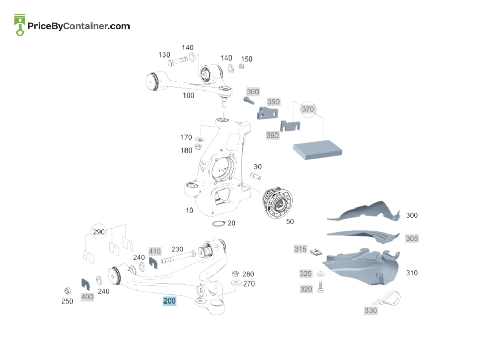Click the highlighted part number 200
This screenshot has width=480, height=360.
coord(169,301)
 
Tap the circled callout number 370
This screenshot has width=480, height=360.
coord(308,109)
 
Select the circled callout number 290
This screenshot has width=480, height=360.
coord(99,232)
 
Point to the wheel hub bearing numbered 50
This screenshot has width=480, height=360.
coord(278,203)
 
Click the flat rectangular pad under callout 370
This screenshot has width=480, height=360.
coord(318,150)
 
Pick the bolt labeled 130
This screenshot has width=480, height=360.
coord(177,61)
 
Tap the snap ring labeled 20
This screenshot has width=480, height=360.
coord(218,223)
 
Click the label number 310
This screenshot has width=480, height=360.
coord(412,273)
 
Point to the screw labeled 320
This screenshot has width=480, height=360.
coord(321,287)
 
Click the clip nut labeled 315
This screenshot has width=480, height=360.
coord(316,252)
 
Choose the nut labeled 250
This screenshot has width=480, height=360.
coord(68,291)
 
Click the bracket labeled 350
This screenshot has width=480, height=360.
coord(267,113)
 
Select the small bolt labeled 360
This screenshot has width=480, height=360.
coord(249,100)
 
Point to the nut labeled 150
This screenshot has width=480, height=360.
coord(242,66)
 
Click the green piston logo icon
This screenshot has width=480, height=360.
coord(20,25)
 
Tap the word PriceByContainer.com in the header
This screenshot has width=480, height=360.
coord(79,26)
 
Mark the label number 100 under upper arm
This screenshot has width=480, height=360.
coord(189,96)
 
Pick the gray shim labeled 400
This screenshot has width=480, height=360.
coord(86,284)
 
